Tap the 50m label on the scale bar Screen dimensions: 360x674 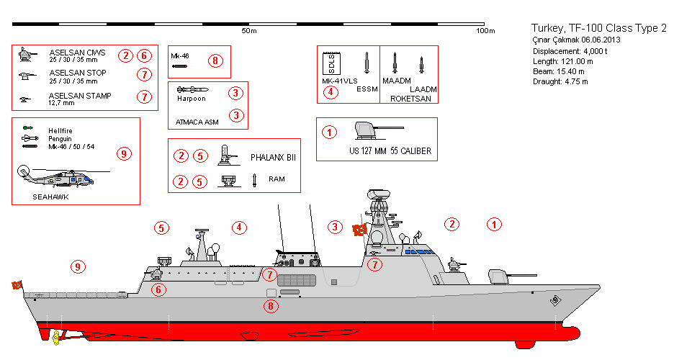pos(249,31)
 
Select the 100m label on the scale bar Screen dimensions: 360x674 pos(485,31)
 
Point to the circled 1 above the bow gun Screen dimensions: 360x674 pos(494,224)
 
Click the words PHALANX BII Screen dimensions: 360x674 pos(273,156)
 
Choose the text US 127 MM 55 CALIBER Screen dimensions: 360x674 pos(390,151)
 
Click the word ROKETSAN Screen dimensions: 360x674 pos(410,98)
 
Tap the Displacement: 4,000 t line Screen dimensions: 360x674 pos(570,52)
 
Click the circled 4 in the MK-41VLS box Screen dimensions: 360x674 pos(331,92)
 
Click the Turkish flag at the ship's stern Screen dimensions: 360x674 pos(17,285)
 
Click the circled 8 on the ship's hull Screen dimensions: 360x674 pos(271,306)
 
